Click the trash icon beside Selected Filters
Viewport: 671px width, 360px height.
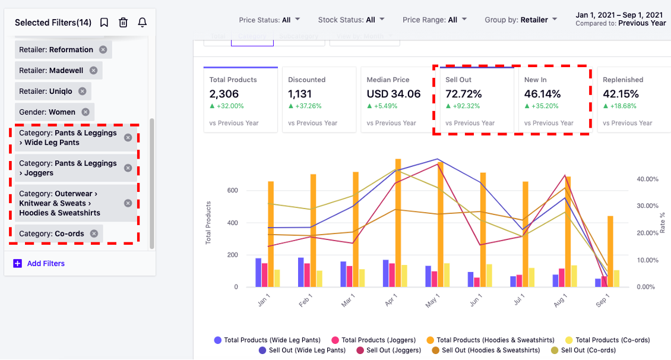click(123, 23)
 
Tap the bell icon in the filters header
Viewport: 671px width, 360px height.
click(142, 23)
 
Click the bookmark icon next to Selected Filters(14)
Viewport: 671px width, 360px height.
click(104, 23)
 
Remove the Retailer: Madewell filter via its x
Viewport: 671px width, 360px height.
click(93, 70)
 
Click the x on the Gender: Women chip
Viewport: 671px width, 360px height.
click(86, 112)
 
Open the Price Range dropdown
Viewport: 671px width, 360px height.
click(434, 20)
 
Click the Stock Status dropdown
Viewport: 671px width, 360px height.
click(351, 20)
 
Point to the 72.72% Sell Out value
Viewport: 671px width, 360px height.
click(463, 94)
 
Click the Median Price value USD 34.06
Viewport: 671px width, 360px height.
click(393, 94)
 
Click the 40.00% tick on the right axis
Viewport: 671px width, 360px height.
click(647, 179)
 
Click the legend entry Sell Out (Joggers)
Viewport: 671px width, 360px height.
click(389, 350)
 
